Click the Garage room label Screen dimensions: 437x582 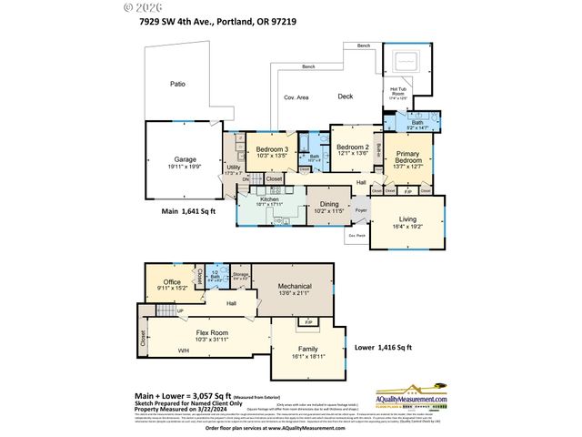(x=181, y=159)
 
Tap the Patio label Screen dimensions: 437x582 (x=177, y=84)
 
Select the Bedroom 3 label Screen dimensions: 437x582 (x=272, y=149)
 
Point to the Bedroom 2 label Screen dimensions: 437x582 (x=353, y=147)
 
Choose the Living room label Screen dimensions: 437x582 (x=407, y=218)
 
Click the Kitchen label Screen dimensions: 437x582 (x=272, y=198)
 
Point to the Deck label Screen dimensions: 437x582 (x=346, y=96)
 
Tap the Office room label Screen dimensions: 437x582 (x=173, y=283)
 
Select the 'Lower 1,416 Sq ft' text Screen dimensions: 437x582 (x=383, y=347)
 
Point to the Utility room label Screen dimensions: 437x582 (x=233, y=168)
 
